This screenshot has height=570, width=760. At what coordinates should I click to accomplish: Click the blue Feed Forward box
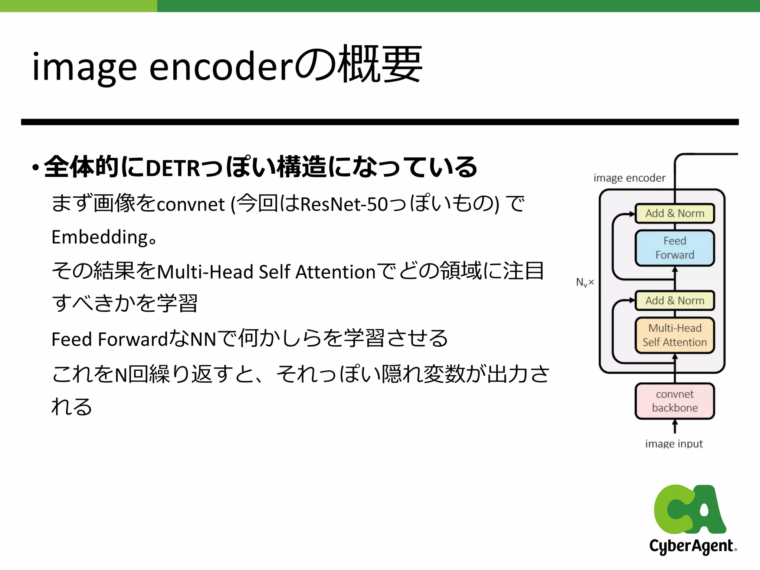point(675,248)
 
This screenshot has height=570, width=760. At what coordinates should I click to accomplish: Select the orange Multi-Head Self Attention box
point(675,335)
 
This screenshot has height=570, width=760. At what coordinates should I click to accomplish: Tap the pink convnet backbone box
point(675,401)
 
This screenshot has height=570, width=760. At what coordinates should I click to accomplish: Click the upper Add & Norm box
point(675,213)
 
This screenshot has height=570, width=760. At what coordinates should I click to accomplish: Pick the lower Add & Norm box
point(675,301)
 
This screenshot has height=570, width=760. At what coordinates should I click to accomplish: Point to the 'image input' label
point(674,443)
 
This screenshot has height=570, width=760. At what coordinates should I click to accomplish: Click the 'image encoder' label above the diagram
point(629,178)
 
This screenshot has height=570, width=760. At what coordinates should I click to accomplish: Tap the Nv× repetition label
point(585,282)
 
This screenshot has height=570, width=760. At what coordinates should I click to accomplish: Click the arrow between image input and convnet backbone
point(675,426)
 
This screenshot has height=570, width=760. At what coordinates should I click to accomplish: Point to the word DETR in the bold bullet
point(173,168)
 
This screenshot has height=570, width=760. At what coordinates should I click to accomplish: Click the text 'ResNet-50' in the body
point(344,204)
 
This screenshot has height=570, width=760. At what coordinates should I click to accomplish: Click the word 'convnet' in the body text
point(191,204)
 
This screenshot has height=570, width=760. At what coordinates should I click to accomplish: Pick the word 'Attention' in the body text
point(336,272)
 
